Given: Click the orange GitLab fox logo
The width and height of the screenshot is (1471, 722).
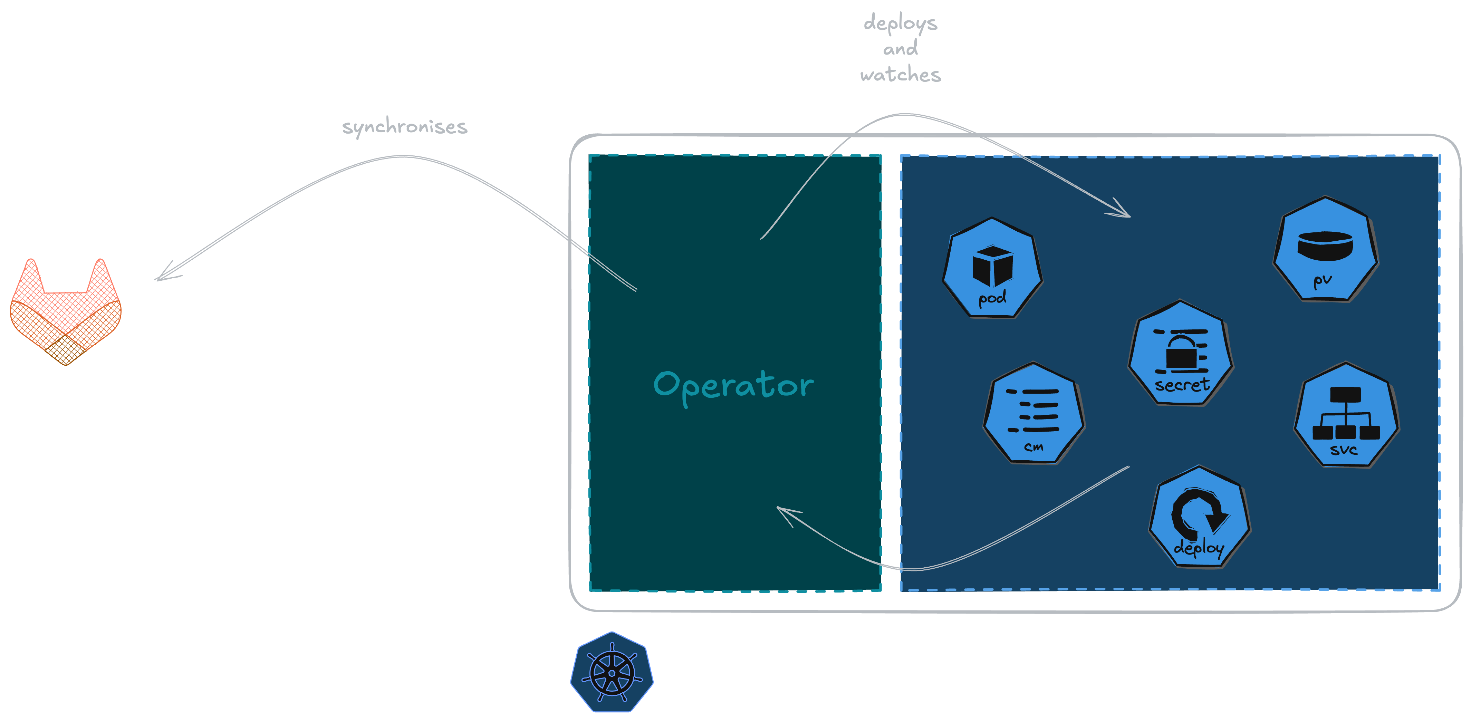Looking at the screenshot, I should [x=66, y=311].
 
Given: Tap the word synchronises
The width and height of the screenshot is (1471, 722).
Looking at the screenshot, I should [x=404, y=126].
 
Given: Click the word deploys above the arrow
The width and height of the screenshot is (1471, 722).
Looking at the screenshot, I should [x=900, y=23].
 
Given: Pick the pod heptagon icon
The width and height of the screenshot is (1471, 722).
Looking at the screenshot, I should [x=992, y=267].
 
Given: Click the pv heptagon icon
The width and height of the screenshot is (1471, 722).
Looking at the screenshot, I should [x=1325, y=249].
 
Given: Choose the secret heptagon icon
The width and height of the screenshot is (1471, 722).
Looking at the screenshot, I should [x=1180, y=353].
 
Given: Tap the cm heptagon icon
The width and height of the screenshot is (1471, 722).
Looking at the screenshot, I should [x=1033, y=412].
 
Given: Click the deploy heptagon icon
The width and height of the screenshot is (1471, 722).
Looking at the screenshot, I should [x=1199, y=517].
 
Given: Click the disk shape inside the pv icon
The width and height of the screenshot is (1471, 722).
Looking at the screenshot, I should [x=1325, y=244].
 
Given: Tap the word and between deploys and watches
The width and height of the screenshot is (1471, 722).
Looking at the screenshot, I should [x=901, y=49].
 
